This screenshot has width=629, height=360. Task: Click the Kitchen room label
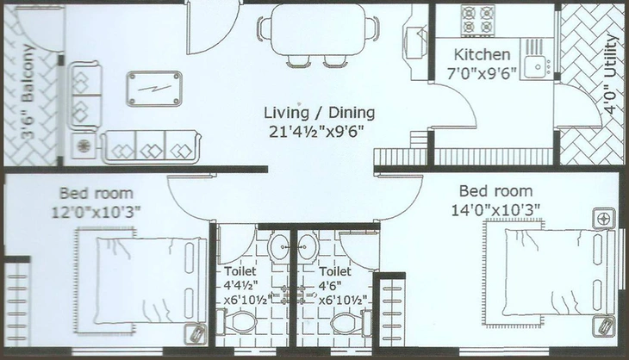(x=482, y=54)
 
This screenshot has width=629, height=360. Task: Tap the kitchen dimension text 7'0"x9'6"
(x=482, y=74)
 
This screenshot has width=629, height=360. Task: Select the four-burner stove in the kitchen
(x=477, y=20)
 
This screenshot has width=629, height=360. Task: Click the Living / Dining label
(x=320, y=113)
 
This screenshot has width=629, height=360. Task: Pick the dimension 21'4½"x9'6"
(x=316, y=131)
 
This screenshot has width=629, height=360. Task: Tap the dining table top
(x=318, y=30)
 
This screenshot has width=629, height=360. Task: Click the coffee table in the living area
(x=154, y=89)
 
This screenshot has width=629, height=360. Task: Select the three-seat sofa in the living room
(x=151, y=146)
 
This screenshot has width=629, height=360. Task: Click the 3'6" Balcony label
(x=28, y=92)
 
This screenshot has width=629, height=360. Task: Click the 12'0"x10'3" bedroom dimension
(x=97, y=212)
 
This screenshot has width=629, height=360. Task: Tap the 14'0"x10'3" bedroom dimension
(x=495, y=210)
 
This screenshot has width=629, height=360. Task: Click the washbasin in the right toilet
(x=308, y=246)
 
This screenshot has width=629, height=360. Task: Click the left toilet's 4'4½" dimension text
(x=240, y=285)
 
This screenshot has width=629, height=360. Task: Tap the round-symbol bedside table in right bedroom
(x=604, y=219)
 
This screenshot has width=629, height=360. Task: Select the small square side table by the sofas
(x=84, y=146)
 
